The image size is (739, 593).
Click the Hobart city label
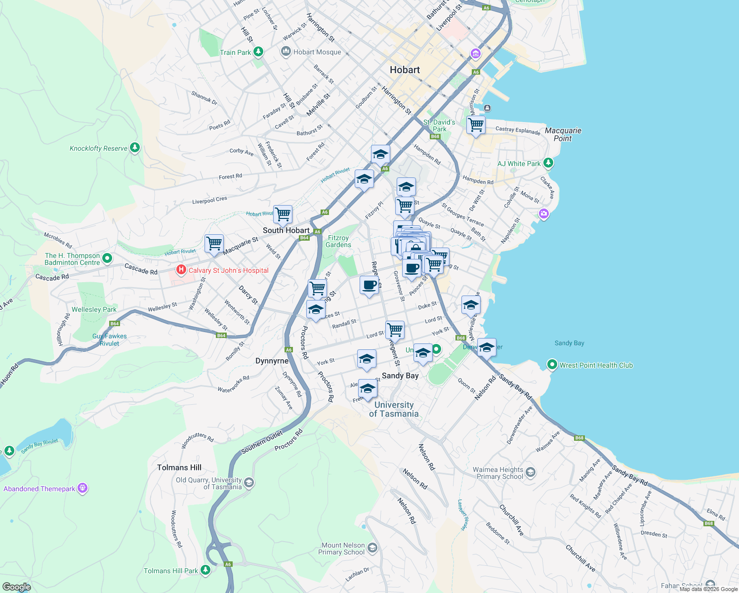(405, 70)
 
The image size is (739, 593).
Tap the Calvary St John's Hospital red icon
(181, 270)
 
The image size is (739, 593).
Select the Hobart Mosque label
(317, 52)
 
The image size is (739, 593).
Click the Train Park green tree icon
(258, 52)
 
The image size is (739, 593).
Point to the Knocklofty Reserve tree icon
(135, 148)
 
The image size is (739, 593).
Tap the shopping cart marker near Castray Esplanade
(476, 126)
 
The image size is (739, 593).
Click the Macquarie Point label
(563, 134)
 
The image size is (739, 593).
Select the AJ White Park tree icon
(548, 163)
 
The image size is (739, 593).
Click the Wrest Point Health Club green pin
(552, 365)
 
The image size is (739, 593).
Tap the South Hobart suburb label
(286, 230)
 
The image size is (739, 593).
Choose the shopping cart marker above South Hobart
(283, 214)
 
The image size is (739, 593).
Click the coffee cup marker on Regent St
(369, 285)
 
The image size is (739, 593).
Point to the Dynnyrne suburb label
(272, 361)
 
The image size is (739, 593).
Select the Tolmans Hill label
(179, 467)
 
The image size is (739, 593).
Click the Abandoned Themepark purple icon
(82, 488)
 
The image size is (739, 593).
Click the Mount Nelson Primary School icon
(372, 548)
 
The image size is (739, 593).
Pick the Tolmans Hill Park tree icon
(205, 570)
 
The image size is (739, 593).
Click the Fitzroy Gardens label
(338, 241)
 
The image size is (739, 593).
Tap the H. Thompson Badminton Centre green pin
(107, 258)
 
